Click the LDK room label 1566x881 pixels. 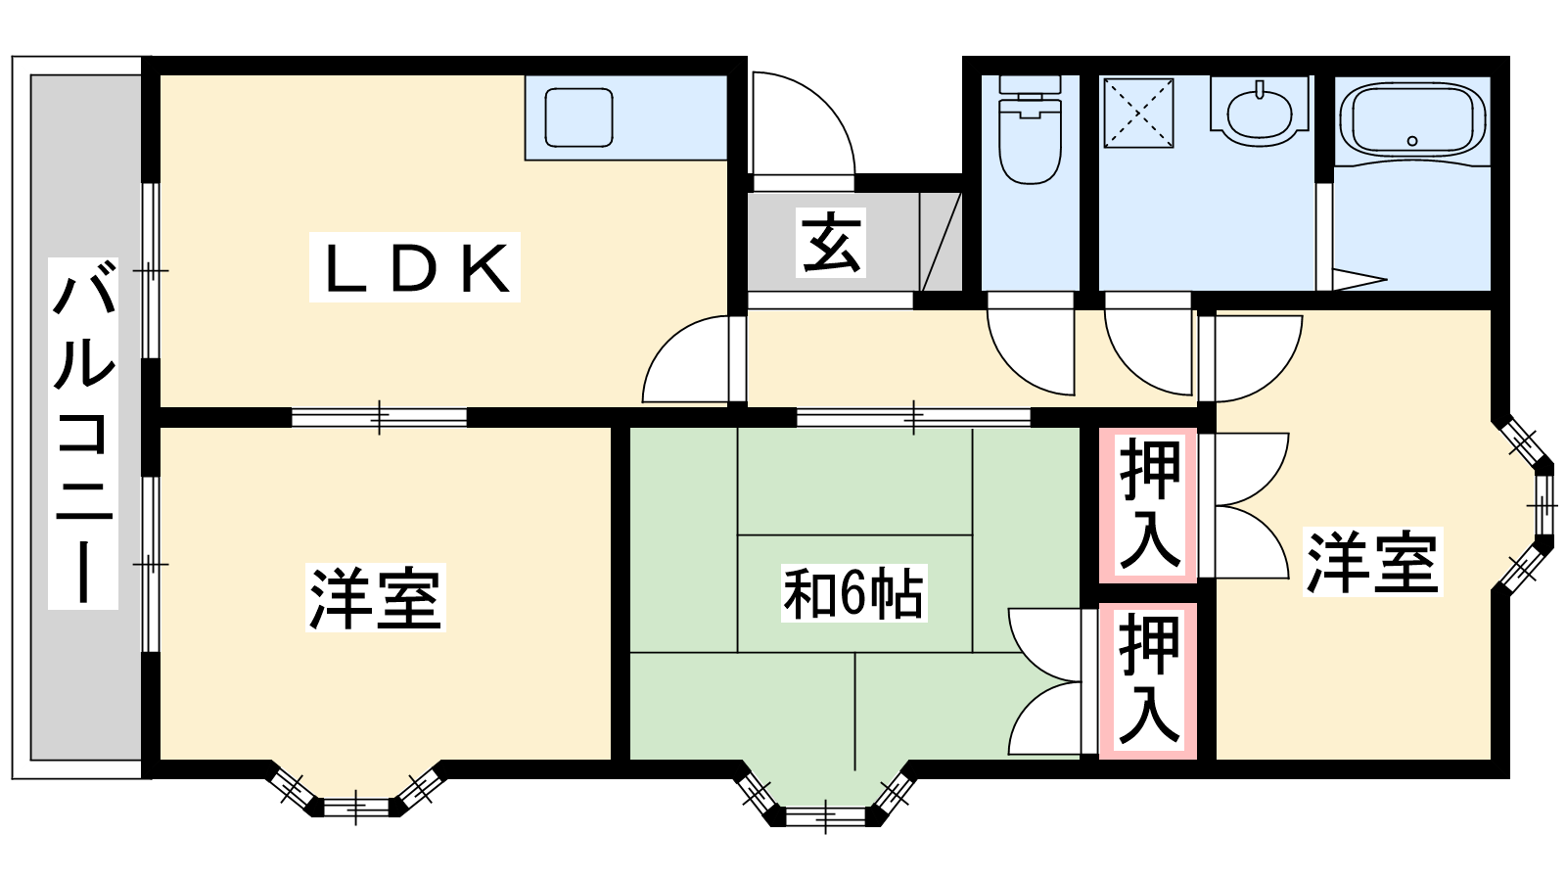(x=415, y=267)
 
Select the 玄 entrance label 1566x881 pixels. (x=831, y=243)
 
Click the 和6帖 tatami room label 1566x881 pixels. (x=852, y=593)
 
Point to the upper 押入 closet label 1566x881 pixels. (x=1149, y=504)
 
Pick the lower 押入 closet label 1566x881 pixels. (x=1148, y=679)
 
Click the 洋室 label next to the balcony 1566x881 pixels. (x=376, y=596)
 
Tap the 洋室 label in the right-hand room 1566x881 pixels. (x=1372, y=562)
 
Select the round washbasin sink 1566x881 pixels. (x=1258, y=109)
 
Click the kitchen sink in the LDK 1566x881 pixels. (x=578, y=116)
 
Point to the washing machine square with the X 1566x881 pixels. (x=1138, y=113)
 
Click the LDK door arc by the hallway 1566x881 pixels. (x=687, y=362)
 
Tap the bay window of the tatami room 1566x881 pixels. (x=825, y=800)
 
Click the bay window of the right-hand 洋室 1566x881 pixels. (x=1533, y=506)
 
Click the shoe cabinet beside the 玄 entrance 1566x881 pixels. (x=941, y=242)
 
